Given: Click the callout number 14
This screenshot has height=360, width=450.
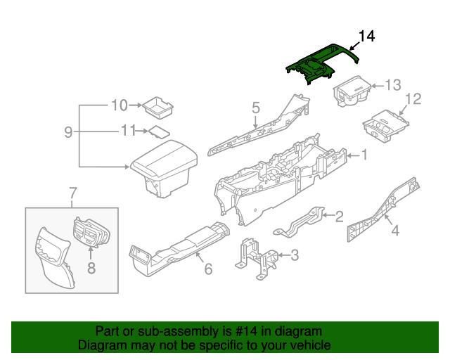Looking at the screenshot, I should click(368, 36).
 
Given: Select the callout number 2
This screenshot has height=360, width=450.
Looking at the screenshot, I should click(338, 216).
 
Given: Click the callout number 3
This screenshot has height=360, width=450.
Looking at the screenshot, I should click(295, 255).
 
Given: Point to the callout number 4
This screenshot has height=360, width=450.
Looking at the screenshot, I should click(395, 229).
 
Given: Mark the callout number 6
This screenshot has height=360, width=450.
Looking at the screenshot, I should click(207, 269).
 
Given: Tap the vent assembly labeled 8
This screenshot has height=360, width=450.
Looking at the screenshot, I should click(91, 231).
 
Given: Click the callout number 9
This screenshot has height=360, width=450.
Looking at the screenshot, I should click(68, 131).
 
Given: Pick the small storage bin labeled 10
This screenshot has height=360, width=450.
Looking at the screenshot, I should click(157, 108).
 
